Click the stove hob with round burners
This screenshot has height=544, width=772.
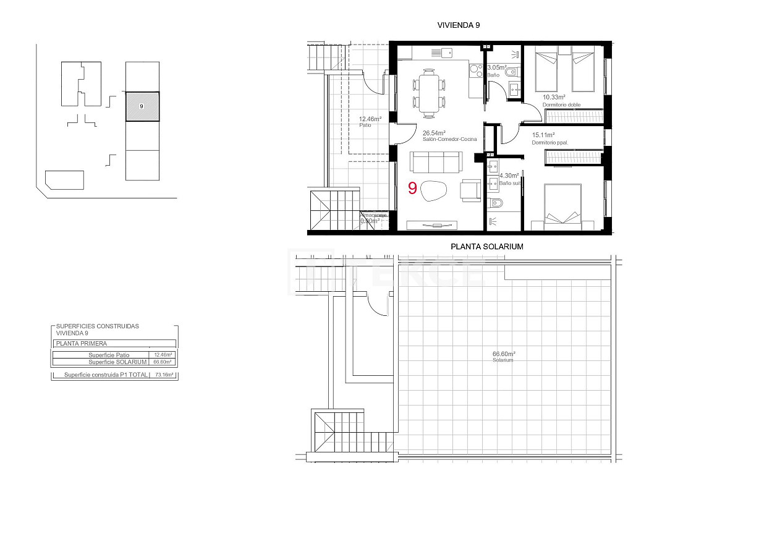[475, 69]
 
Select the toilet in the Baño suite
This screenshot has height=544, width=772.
[498, 203]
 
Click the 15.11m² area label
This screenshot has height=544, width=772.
[543, 135]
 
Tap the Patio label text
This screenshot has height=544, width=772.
[365, 125]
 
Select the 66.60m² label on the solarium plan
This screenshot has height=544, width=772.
[504, 354]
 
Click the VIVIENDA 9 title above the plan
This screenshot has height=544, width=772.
[458, 25]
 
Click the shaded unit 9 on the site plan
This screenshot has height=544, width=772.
[142, 106]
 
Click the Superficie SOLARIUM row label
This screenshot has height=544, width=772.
[117, 362]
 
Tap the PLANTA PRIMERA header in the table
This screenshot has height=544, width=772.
[81, 344]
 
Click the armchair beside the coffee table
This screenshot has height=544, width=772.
[470, 190]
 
